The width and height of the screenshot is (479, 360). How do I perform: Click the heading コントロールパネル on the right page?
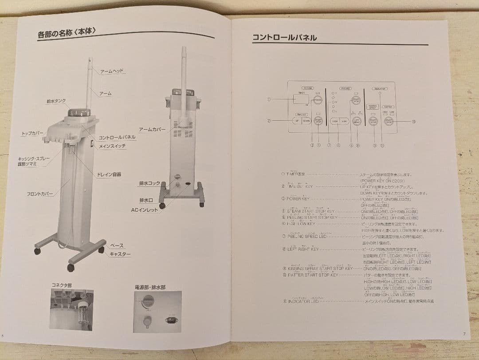284,38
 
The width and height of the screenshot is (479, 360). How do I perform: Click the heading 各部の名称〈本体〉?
67,32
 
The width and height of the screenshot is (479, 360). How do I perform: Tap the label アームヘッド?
112,71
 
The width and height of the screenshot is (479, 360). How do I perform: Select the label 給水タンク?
56,101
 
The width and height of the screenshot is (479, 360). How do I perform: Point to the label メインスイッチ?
113,146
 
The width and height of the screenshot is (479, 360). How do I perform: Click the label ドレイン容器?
109,174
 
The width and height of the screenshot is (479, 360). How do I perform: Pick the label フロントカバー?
40,194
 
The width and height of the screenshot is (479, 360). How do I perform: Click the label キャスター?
120,254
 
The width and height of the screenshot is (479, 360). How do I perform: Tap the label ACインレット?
144,210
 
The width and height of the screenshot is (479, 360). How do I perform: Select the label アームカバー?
152,129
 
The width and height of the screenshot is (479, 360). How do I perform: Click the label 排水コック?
149,183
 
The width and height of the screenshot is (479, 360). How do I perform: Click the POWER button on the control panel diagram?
318,100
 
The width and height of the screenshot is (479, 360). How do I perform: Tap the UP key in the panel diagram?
296,121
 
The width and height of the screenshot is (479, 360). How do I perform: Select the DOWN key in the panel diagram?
306,121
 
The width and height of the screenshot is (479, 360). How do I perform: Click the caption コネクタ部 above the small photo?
62,285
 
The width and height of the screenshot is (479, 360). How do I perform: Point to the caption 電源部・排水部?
150,287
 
